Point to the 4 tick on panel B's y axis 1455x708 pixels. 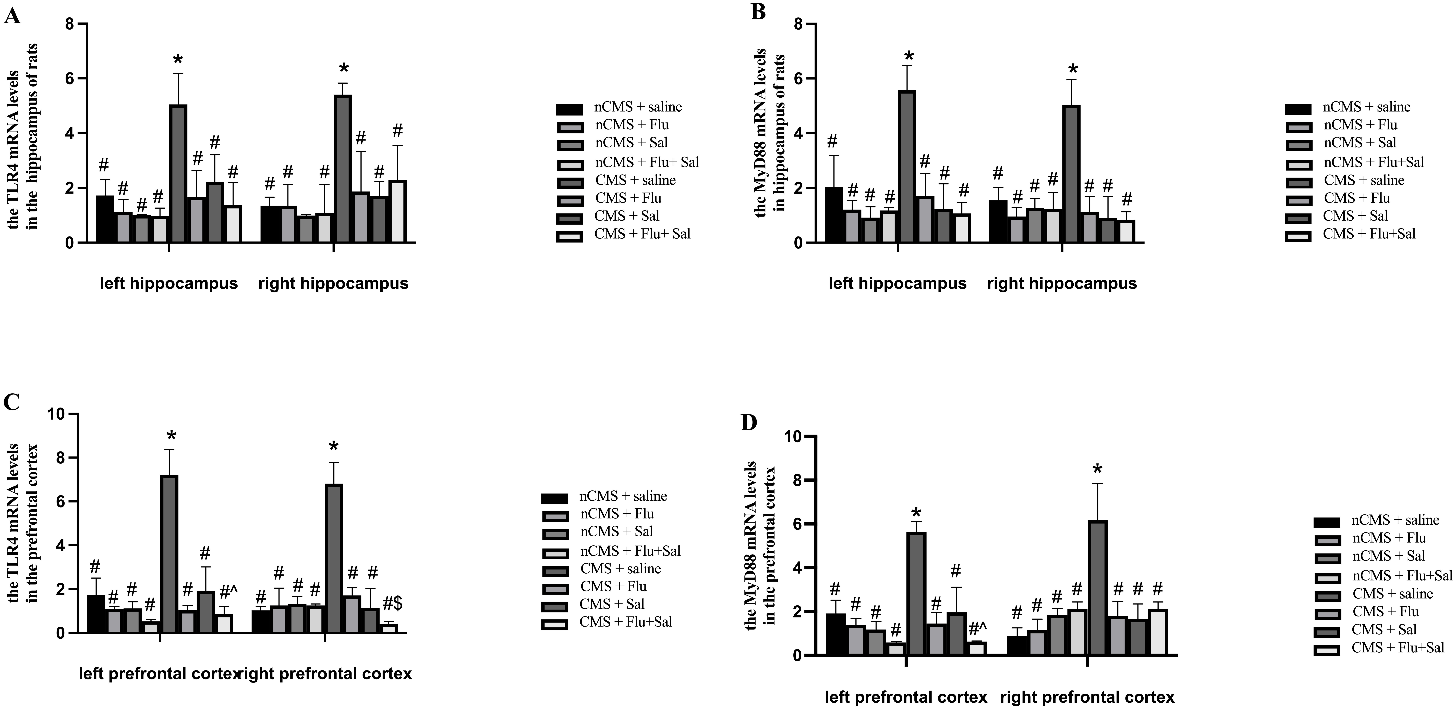pyautogui.click(x=798, y=133)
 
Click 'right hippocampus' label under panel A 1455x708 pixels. pyautogui.click(x=333, y=283)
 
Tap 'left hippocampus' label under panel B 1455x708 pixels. pyautogui.click(x=898, y=283)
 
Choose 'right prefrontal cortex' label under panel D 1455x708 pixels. pyautogui.click(x=1087, y=697)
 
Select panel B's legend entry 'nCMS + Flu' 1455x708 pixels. pyautogui.click(x=1360, y=125)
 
